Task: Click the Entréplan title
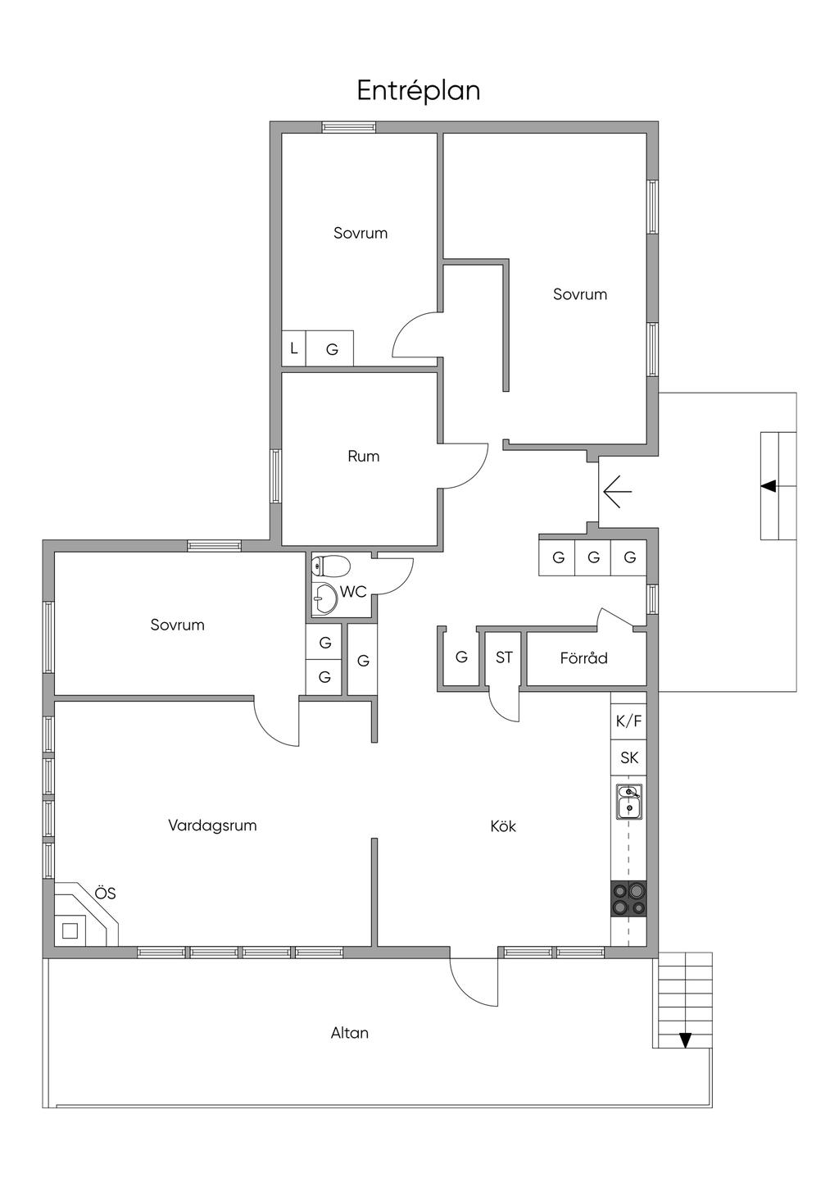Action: [x=419, y=91]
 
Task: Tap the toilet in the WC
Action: [x=330, y=566]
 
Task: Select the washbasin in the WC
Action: [x=324, y=598]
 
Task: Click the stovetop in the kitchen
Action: [x=628, y=898]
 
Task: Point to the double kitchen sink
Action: [x=629, y=802]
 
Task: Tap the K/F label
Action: [x=628, y=721]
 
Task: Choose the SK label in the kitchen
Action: [x=629, y=757]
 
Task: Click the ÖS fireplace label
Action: [x=105, y=893]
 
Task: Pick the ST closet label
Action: [x=504, y=657]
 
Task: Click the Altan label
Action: [x=350, y=1033]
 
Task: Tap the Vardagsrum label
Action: [x=212, y=825]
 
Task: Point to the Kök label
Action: [x=503, y=826]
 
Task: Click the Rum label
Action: [x=363, y=457]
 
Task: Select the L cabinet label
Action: [x=294, y=348]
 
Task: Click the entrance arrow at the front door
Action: [x=618, y=492]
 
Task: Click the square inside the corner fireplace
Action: [x=70, y=930]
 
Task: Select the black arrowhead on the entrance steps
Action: [x=768, y=485]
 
